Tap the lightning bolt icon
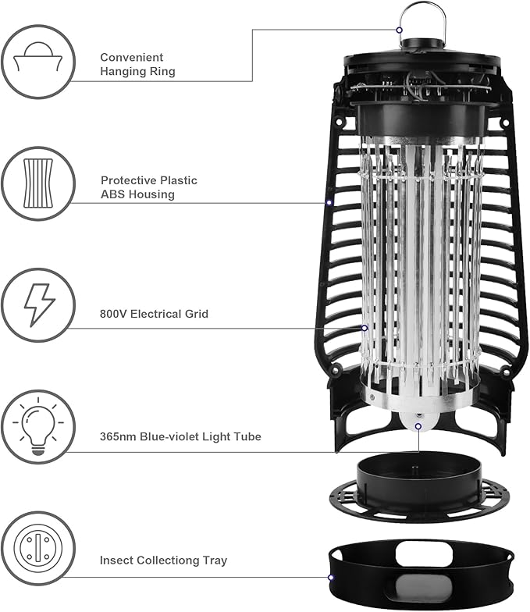coord(38,304)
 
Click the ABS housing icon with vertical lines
coord(38,183)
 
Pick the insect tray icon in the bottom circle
coord(38,549)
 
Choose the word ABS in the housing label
coord(112,194)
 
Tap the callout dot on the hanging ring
coord(399,30)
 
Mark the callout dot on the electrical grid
coord(365,328)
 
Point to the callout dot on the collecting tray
coord(331,578)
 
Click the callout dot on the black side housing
coord(329,203)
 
